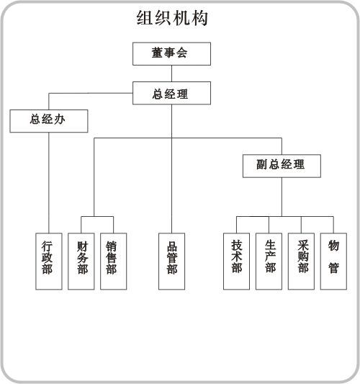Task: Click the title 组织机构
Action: coord(172,17)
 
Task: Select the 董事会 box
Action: coord(171,54)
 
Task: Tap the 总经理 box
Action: coord(171,93)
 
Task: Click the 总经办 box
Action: coord(49,121)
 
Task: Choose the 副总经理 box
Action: coord(282,166)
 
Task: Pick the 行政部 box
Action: coord(49,262)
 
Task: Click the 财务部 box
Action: coord(81,262)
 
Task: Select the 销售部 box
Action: coord(113,262)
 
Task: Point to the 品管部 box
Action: coord(171,262)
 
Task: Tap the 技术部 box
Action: coord(236,262)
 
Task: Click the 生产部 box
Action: coord(269,262)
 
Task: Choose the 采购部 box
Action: coord(301,262)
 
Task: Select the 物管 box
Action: coord(333,262)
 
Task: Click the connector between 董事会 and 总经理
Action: coord(171,73)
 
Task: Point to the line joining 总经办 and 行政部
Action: coord(49,183)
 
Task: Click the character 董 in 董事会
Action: coord(158,53)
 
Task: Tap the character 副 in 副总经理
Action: coord(262,164)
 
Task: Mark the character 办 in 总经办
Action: coord(60,120)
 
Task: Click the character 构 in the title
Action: coord(199,18)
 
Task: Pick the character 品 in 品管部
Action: coord(172,247)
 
